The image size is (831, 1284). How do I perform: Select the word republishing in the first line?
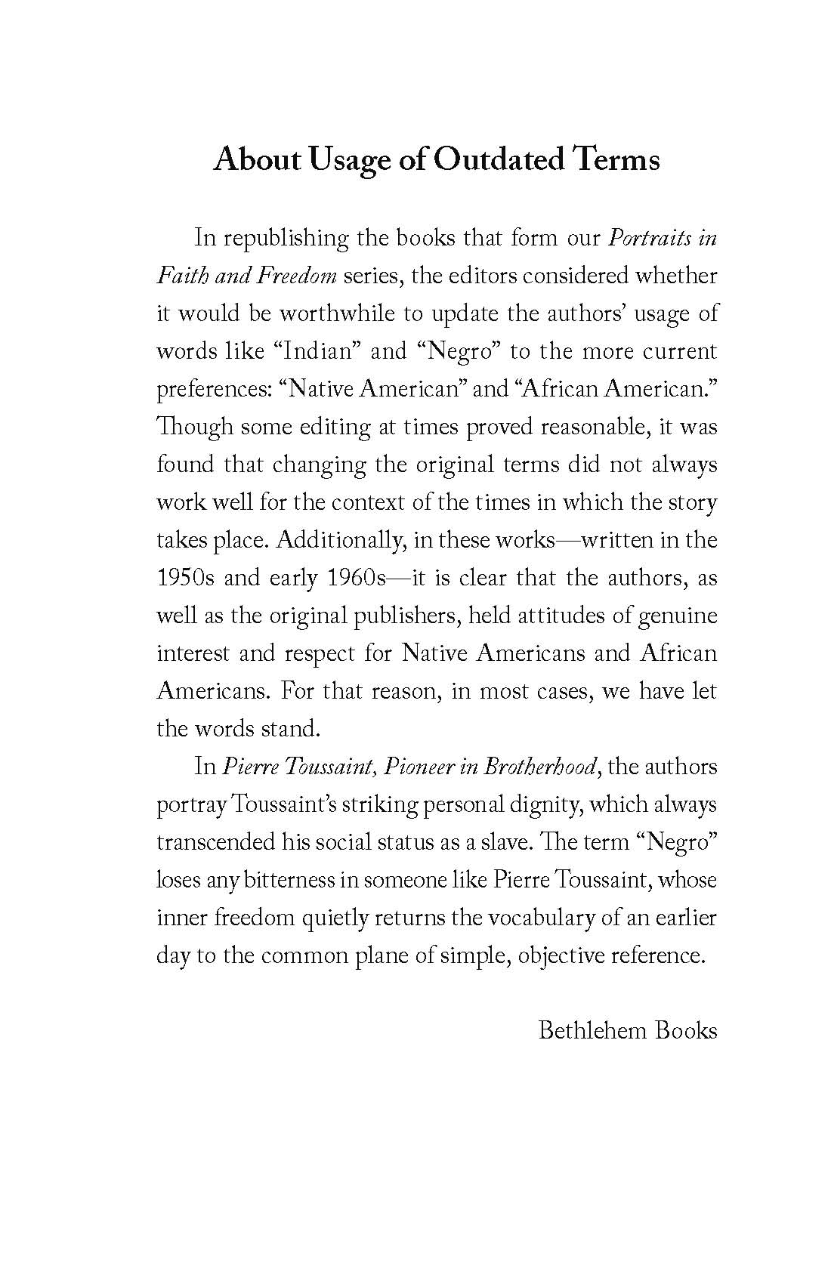(286, 239)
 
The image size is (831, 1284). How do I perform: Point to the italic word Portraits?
(650, 239)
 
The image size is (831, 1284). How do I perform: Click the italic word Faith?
(181, 276)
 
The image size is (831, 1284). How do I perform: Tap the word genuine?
(677, 616)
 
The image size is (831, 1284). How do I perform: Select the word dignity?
(539, 804)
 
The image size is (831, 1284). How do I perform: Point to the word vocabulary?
(539, 918)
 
